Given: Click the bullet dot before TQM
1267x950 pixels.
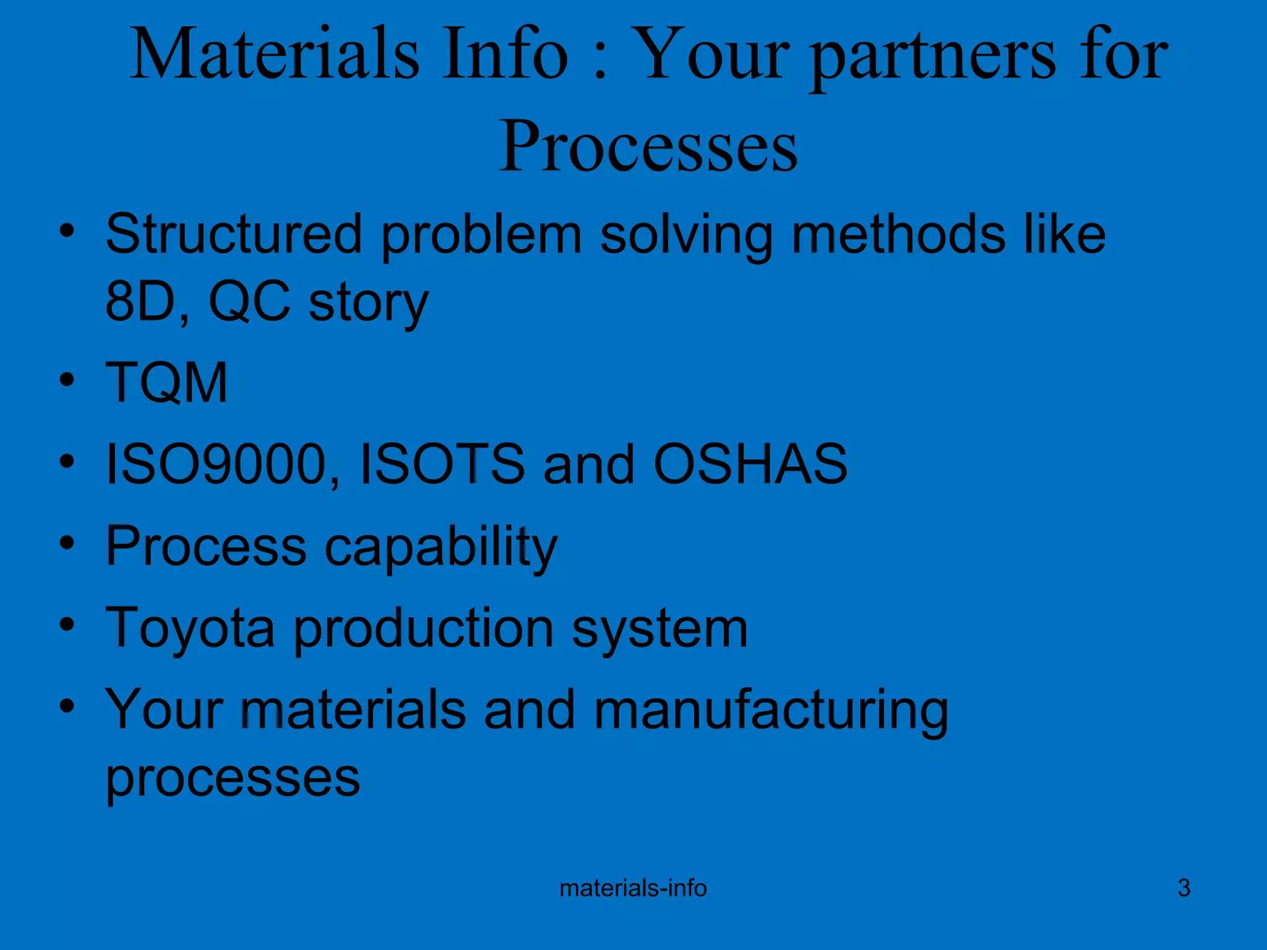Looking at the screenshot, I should coord(67,379).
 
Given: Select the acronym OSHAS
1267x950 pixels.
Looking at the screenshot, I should coord(750,464).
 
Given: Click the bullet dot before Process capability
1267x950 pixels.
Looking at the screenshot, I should coord(67,542).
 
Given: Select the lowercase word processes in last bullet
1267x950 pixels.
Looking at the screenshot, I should coord(233,778).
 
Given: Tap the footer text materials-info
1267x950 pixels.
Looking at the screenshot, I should coord(633,888).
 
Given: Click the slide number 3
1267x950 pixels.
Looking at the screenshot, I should coord(1183,888).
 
